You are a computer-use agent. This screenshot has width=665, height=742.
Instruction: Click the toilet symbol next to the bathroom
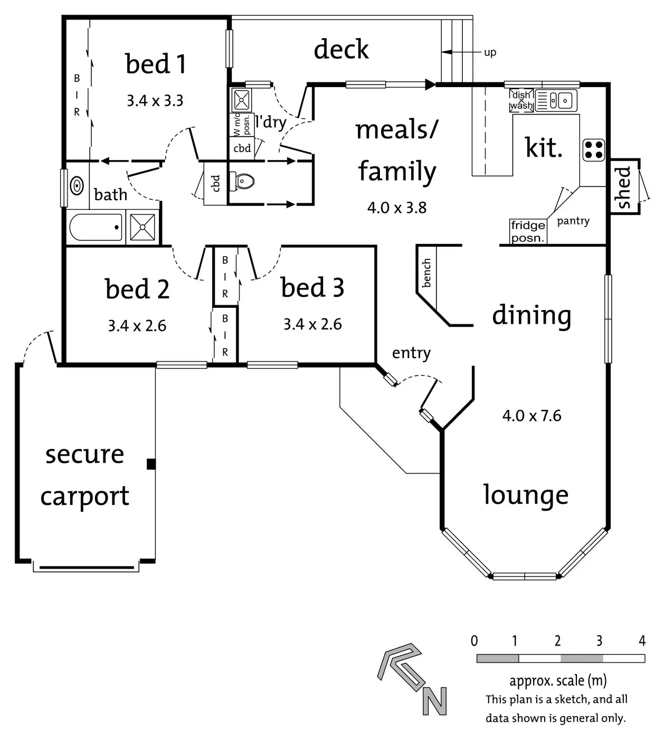click(x=244, y=181)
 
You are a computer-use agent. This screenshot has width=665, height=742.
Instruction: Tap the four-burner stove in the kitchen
click(x=593, y=150)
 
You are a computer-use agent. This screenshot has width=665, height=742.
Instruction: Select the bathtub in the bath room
click(x=96, y=227)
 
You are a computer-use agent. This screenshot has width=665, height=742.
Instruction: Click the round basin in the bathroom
click(x=77, y=185)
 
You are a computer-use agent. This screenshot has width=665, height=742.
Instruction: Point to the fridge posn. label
click(x=527, y=231)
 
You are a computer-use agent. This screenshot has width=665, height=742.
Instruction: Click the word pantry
click(x=573, y=221)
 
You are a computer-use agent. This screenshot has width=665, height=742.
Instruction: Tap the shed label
click(x=623, y=187)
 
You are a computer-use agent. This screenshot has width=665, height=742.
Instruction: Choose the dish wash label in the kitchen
click(x=521, y=100)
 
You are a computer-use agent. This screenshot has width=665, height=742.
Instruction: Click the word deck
click(x=341, y=50)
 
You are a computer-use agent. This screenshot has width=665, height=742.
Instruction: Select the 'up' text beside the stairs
click(x=490, y=52)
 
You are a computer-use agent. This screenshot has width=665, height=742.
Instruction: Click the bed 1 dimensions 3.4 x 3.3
click(x=155, y=100)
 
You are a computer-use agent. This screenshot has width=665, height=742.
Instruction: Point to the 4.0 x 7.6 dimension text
click(x=531, y=416)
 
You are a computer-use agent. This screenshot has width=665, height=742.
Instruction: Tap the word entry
click(x=411, y=353)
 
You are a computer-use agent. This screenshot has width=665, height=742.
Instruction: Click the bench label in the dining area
click(x=426, y=273)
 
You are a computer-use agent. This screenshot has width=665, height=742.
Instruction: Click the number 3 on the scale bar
click(x=599, y=641)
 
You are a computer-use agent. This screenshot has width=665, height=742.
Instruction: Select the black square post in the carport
click(x=151, y=464)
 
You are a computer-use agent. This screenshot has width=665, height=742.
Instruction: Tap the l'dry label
click(x=270, y=122)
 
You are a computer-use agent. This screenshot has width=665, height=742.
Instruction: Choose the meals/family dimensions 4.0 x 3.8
click(x=396, y=208)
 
